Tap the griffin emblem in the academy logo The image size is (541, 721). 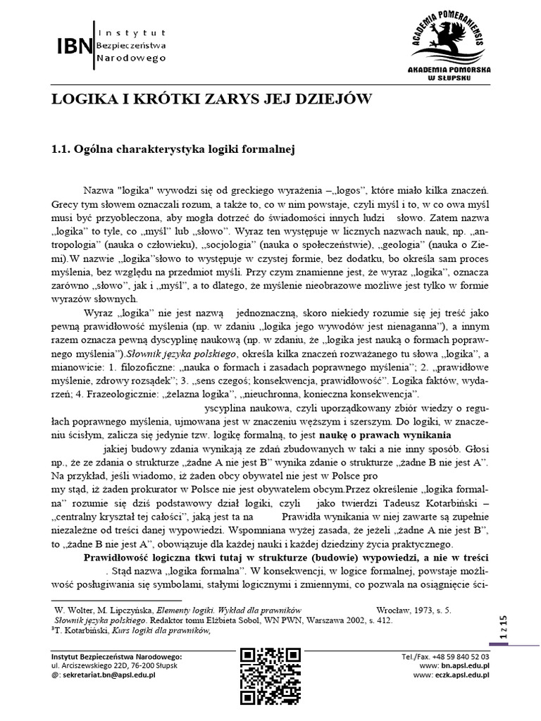(x=448, y=42)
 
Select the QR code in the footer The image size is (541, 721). (x=270, y=675)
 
